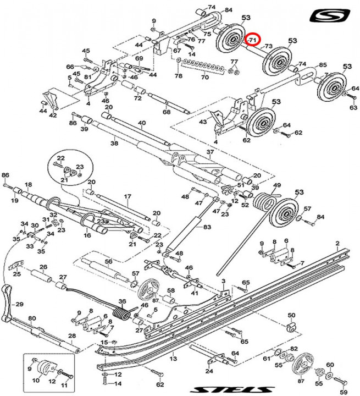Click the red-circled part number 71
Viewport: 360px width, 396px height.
point(252,40)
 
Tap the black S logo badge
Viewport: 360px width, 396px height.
point(330,15)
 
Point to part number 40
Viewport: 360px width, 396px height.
point(142,123)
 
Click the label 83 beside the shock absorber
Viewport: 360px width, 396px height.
point(207,227)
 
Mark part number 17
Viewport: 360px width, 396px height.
point(127,196)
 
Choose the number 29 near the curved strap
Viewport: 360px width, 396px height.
point(19,304)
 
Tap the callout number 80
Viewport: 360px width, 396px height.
point(32,318)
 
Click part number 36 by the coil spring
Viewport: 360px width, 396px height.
point(123,301)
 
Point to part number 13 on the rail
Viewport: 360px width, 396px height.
point(173,359)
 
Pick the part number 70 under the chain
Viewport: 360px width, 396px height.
point(205,79)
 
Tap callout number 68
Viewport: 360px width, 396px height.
point(167,112)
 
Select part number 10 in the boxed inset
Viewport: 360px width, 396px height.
point(37,381)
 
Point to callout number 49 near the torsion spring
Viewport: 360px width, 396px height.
point(277,185)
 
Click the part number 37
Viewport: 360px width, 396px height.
point(209,152)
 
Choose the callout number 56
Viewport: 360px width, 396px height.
point(109,261)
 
